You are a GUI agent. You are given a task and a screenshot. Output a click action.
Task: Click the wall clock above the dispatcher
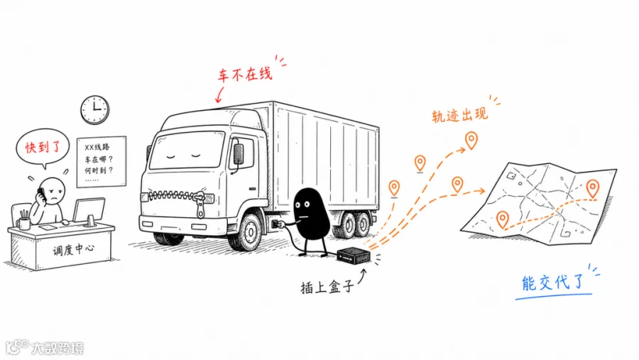point(95,109)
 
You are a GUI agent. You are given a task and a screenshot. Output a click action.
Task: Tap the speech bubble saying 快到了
point(42,148)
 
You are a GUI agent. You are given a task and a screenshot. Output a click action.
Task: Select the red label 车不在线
point(245,75)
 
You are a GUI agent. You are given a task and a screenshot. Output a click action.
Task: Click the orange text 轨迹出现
point(459,115)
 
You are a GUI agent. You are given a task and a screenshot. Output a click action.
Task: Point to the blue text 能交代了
point(553,283)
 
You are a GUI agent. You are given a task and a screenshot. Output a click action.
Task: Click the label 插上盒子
point(327,287)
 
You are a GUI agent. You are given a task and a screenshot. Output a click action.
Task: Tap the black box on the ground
point(354,256)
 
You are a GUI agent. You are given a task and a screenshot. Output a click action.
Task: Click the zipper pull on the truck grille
point(200,204)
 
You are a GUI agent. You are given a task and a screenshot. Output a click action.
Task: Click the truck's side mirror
point(238,155)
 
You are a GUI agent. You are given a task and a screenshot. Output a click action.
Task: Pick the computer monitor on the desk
point(89,211)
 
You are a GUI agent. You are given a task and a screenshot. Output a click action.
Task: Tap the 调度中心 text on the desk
point(73,249)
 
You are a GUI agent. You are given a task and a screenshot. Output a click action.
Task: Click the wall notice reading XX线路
point(101,162)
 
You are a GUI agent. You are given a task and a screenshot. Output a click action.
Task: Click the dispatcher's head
point(53,190)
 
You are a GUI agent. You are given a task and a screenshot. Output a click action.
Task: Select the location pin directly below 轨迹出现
point(471,141)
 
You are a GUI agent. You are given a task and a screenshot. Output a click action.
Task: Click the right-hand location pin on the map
point(593,189)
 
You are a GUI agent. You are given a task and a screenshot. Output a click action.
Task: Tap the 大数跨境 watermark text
point(58,349)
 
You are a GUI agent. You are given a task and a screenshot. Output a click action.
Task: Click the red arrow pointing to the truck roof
point(220,94)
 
